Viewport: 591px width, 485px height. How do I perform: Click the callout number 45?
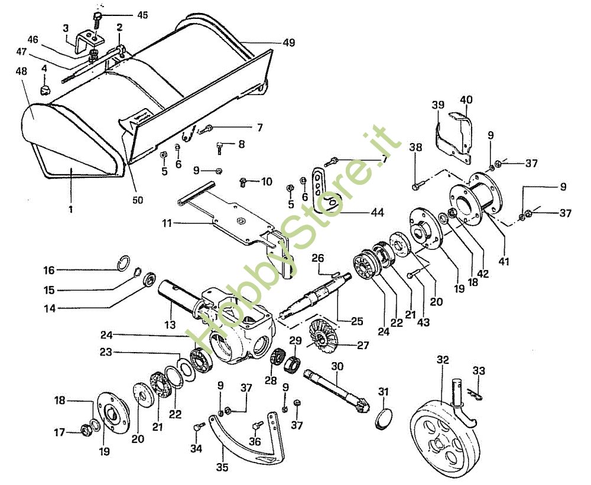pos(142,15)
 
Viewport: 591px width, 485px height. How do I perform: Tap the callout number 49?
pos(290,42)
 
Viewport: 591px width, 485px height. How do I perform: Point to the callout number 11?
pos(167,223)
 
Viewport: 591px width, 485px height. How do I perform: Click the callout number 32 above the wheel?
pos(443,360)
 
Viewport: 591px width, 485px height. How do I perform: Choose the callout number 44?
pos(378,213)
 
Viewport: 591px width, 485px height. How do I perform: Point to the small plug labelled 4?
pos(46,90)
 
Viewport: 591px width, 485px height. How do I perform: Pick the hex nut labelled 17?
pos(86,429)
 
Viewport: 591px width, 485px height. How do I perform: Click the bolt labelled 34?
pos(199,427)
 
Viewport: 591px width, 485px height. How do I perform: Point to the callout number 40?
pos(466,99)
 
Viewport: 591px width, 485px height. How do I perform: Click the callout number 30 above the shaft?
pos(337,366)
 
